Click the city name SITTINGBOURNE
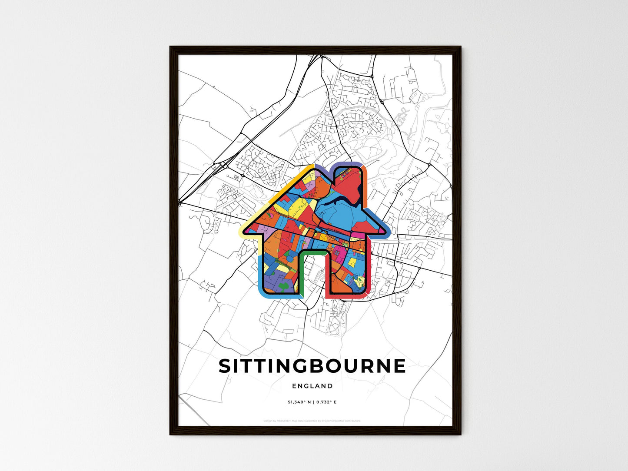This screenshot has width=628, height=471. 312,366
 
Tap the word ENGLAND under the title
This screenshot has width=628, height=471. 312,386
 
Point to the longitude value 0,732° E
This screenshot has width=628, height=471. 326,402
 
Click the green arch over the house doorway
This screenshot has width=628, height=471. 312,252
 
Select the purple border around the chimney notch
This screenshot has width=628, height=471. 343,164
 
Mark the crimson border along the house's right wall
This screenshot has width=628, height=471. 371,269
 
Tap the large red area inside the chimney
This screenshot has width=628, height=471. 348,185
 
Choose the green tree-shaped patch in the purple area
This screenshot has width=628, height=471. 283,286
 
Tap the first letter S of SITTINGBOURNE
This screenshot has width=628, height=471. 224,366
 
